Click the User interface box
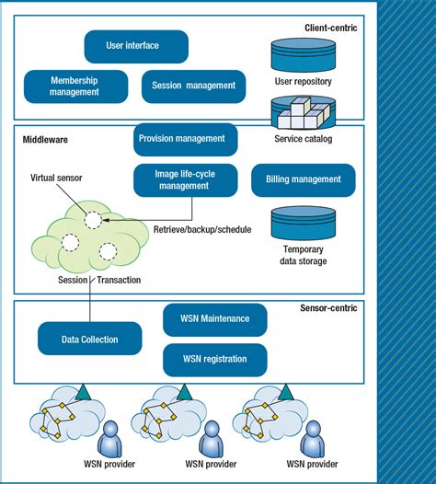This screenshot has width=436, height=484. (135, 46)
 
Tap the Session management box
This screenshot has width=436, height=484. (193, 86)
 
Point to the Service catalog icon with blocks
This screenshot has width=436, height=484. (302, 115)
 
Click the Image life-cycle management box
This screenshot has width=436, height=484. (184, 179)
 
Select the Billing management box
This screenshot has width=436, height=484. (303, 180)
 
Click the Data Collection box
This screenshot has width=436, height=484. (90, 340)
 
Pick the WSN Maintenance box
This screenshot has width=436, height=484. (214, 319)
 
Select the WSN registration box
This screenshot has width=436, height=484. (214, 359)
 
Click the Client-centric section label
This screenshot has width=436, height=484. (330, 29)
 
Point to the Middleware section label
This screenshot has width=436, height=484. (45, 140)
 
